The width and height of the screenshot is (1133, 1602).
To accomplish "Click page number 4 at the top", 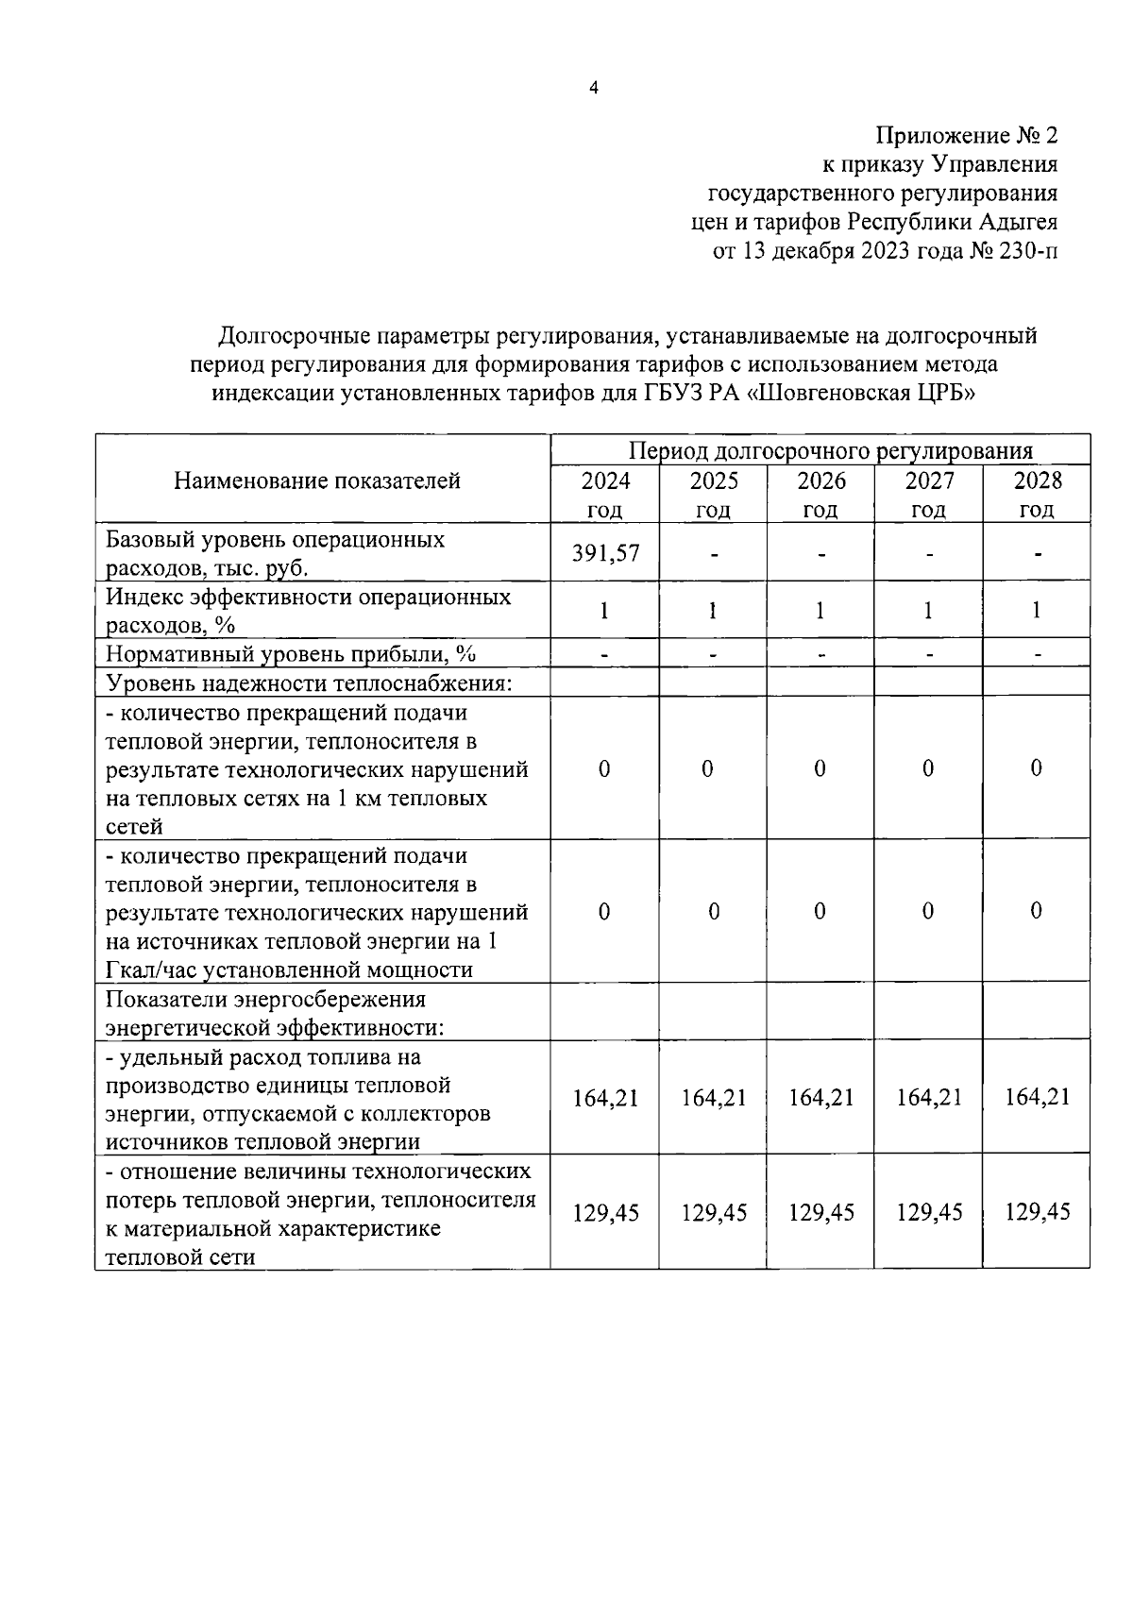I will click(x=593, y=88).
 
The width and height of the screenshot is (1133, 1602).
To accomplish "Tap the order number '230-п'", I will click(x=1023, y=251).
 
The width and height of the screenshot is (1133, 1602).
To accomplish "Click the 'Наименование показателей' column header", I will click(x=316, y=481).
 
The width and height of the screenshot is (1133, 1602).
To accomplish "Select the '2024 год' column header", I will click(x=605, y=495).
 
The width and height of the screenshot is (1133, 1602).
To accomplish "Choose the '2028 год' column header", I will click(x=1037, y=495).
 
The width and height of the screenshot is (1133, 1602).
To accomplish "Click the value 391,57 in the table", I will click(x=605, y=553).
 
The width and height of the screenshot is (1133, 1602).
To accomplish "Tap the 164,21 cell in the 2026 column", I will click(x=820, y=1097).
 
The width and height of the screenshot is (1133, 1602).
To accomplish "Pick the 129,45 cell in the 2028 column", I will click(x=1037, y=1211).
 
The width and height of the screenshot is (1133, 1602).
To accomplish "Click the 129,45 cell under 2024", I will click(x=605, y=1212).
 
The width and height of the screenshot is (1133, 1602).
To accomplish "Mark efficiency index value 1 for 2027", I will click(x=928, y=611).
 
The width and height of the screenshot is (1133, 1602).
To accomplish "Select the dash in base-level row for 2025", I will click(x=714, y=554).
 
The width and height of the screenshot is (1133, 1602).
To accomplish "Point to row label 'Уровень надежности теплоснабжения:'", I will click(x=309, y=683).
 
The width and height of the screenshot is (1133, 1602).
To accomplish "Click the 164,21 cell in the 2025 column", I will click(x=714, y=1097).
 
